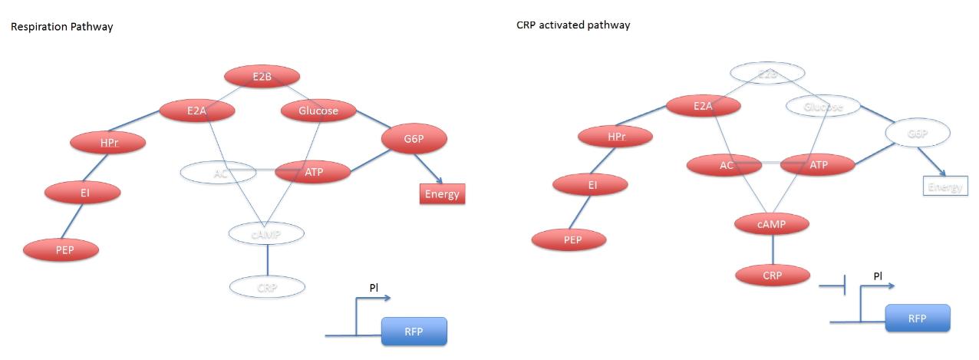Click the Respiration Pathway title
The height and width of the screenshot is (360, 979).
click(61, 27)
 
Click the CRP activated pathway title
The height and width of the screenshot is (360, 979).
click(573, 25)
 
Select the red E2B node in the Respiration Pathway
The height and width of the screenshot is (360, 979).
click(262, 77)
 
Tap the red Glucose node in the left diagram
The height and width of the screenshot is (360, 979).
click(318, 111)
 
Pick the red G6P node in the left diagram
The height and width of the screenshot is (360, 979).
click(414, 139)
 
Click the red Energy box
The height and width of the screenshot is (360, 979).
click(442, 193)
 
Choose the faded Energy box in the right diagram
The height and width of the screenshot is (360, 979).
click(945, 187)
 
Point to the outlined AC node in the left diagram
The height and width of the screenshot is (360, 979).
click(220, 173)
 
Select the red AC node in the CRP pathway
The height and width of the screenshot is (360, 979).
click(725, 165)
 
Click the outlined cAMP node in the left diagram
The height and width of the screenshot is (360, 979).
click(267, 233)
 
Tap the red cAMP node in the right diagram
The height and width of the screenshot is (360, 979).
click(772, 223)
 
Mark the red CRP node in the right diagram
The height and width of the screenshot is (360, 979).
click(773, 275)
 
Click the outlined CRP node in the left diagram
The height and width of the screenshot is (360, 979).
click(267, 287)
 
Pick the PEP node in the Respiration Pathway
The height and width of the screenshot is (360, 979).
click(61, 249)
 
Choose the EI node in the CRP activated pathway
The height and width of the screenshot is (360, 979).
click(590, 185)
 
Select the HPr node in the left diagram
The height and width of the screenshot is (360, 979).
click(108, 143)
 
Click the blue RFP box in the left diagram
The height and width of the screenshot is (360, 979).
click(414, 332)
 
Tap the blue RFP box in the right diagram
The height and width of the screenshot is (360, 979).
click(918, 318)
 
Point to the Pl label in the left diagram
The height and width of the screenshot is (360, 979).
click(374, 289)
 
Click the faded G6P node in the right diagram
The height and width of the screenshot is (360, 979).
click(918, 133)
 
